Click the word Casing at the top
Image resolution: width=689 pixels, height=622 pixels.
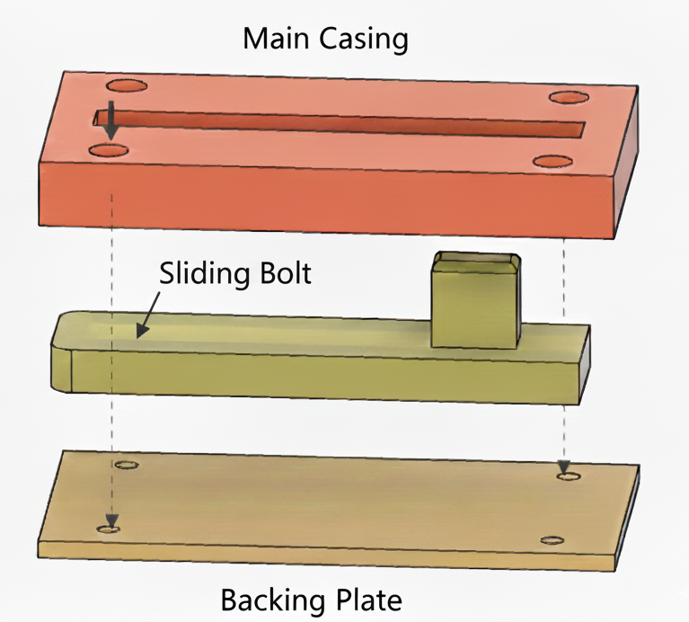[x=365, y=40]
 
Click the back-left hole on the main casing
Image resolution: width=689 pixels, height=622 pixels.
[x=127, y=87]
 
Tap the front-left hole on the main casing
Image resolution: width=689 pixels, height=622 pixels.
[x=110, y=149]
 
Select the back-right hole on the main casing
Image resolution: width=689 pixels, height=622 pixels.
[x=568, y=97]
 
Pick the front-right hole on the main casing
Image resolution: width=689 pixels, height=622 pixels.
[x=553, y=161]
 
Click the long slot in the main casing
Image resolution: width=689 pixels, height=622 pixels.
[x=341, y=125]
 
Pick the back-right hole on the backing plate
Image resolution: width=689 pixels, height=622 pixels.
[x=566, y=475]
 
